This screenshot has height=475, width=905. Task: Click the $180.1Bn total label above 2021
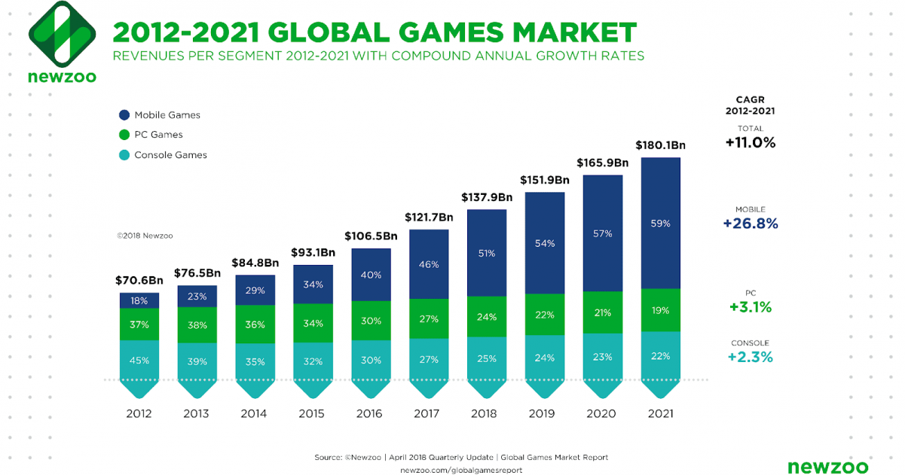660,145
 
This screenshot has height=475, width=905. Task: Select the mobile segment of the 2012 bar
139,300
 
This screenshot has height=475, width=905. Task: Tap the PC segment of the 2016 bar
371,320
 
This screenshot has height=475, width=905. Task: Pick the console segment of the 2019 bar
545,357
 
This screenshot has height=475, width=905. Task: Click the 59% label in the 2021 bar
661,224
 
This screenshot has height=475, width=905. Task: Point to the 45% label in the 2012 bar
139,360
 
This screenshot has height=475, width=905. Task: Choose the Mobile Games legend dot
124,115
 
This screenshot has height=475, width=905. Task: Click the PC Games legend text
158,135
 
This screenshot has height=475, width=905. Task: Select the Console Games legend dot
124,155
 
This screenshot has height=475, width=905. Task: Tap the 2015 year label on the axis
313,413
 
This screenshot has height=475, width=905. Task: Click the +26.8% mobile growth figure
750,224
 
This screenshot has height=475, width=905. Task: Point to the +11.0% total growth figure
750,143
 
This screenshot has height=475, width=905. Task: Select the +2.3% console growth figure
750,357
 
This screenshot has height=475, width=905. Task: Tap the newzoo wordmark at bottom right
828,467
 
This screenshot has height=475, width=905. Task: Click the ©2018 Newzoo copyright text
145,236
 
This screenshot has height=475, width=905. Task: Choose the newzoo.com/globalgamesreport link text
460,470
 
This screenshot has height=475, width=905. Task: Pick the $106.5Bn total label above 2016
371,236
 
